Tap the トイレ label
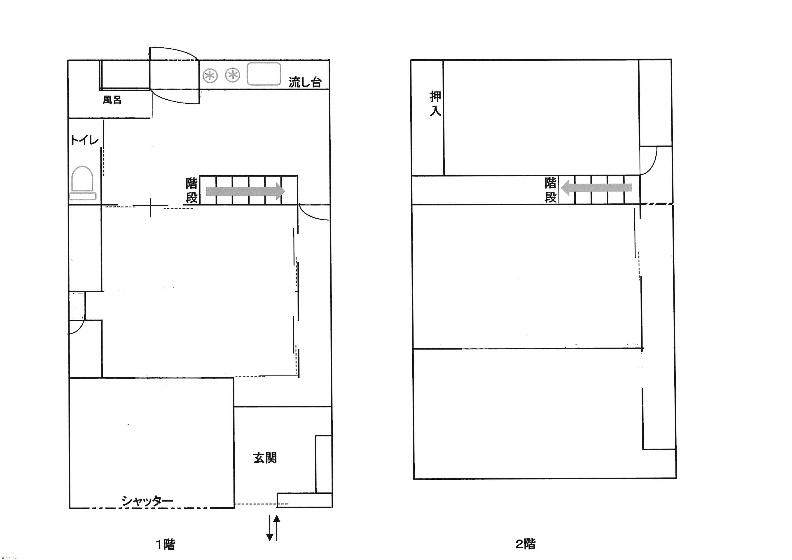coord(84,140)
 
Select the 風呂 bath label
coord(112,100)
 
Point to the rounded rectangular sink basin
coord(264,74)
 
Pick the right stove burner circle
coord(233,75)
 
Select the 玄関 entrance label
coord(265,458)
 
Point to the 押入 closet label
coord(435,103)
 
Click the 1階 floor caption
coord(166,544)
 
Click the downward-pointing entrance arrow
coord(270,527)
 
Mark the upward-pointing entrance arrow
coord(277,527)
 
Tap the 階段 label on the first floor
coord(192,190)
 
